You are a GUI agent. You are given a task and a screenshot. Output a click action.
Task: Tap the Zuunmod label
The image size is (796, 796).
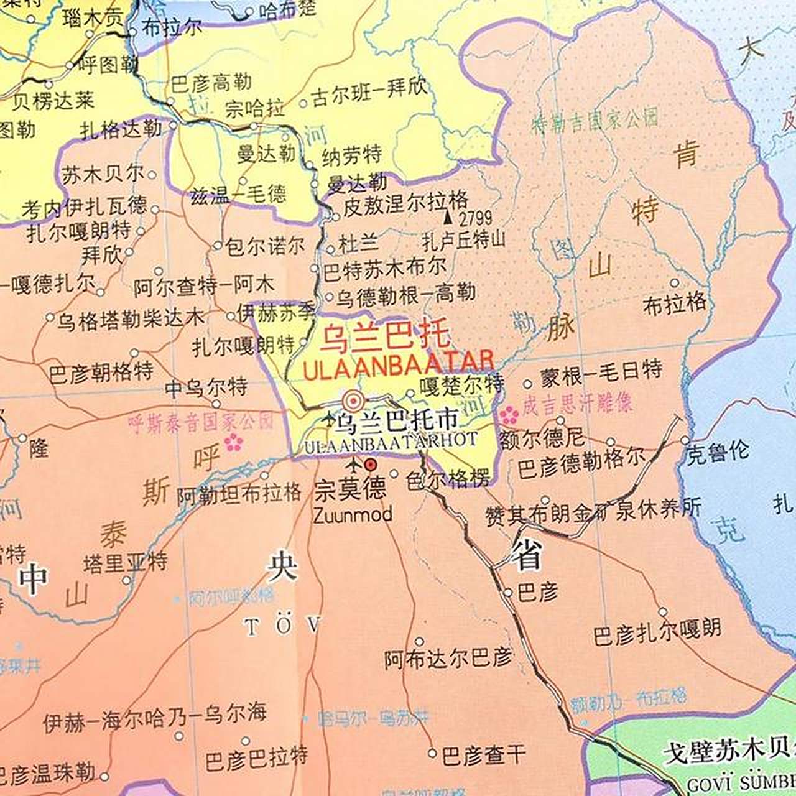tap(353, 515)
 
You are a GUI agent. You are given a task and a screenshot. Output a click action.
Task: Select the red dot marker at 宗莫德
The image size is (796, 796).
tap(371, 464)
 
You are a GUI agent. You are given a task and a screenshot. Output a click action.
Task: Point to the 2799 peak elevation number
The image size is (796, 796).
tap(475, 218)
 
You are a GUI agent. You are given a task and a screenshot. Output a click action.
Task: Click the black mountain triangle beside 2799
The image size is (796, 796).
tap(447, 218)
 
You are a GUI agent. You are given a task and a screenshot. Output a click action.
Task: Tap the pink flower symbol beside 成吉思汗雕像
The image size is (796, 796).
tap(509, 414)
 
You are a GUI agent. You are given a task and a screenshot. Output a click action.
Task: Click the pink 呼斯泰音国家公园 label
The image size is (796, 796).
tap(200, 422)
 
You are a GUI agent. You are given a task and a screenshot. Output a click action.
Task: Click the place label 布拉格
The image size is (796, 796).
tap(674, 303)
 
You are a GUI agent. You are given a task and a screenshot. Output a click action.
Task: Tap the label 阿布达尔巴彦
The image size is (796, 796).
tap(448, 659)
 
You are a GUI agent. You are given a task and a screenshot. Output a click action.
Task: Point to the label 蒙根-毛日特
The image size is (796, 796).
tap(601, 371)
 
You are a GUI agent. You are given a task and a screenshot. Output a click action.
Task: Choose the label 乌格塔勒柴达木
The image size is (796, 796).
tap(131, 320)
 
